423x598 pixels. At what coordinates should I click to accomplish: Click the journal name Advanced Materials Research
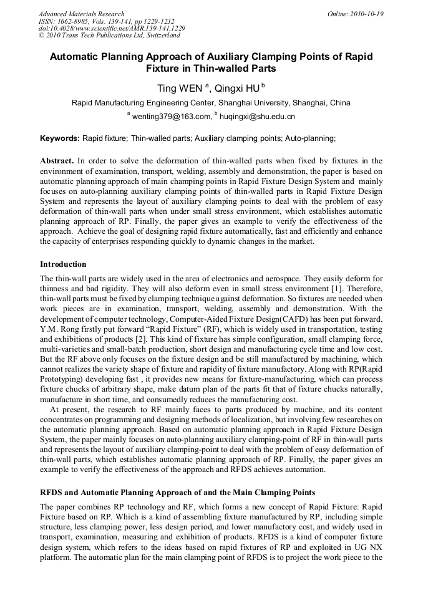tap(81, 14)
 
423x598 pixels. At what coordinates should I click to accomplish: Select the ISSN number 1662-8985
tap(73, 21)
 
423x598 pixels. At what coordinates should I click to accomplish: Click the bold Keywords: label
tap(60, 138)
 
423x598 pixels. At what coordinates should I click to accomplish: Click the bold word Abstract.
tap(57, 161)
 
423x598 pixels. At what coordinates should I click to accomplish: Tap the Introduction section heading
tap(63, 264)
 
